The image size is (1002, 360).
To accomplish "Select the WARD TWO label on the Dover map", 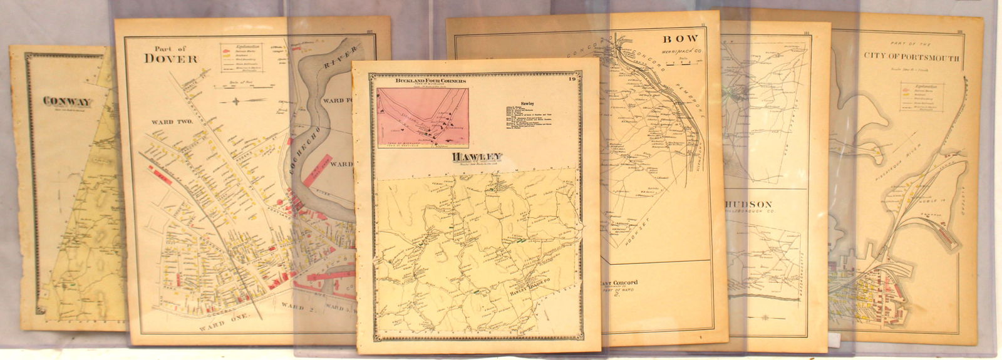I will coord(166,121).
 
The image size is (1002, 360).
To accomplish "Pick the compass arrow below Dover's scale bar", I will coord(236,101).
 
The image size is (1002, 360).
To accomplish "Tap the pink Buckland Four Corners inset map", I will coord(423,118).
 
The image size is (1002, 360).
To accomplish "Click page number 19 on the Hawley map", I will coord(572,79).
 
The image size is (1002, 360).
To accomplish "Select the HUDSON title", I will coord(750,205).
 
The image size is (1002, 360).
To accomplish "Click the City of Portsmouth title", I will coord(911,57).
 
